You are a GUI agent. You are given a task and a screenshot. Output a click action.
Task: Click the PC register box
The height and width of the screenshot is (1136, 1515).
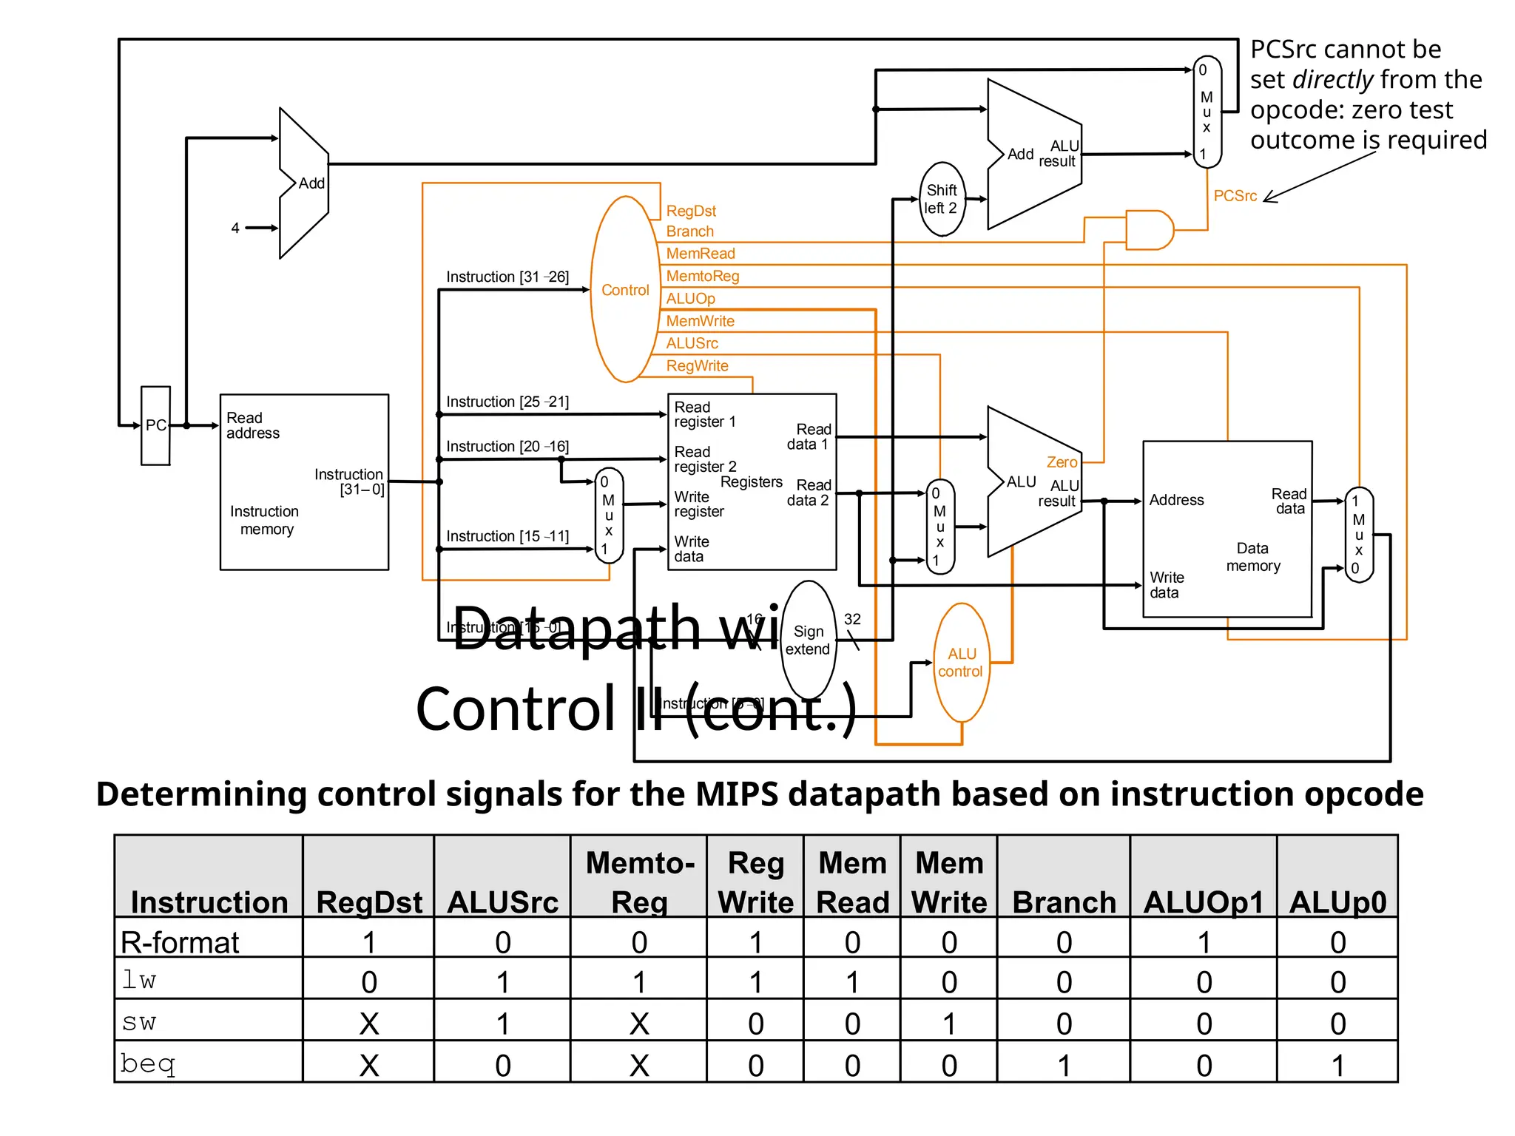pyautogui.click(x=155, y=425)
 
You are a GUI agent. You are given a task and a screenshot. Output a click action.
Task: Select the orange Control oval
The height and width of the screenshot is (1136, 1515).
pyautogui.click(x=625, y=290)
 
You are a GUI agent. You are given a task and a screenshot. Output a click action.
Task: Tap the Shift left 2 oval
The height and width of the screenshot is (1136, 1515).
pyautogui.click(x=942, y=199)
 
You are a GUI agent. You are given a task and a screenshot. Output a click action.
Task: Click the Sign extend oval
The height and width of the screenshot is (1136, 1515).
pyautogui.click(x=808, y=640)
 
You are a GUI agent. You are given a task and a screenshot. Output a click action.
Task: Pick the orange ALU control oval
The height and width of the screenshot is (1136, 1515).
pyautogui.click(x=961, y=663)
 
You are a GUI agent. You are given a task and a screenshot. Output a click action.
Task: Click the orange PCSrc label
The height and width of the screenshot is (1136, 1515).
pyautogui.click(x=1235, y=196)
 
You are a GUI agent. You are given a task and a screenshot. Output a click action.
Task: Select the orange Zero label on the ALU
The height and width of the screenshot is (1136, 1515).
pyautogui.click(x=1062, y=462)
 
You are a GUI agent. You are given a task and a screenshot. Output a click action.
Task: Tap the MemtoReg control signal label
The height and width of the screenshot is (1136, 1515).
pyautogui.click(x=702, y=276)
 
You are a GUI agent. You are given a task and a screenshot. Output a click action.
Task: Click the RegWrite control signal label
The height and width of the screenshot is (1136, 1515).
pyautogui.click(x=697, y=366)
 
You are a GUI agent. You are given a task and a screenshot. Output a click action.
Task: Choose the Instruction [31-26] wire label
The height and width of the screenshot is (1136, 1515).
pyautogui.click(x=507, y=277)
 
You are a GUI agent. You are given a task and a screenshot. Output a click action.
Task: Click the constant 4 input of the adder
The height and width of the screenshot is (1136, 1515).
pyautogui.click(x=235, y=228)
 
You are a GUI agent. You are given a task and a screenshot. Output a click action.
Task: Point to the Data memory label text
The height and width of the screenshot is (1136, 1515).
pyautogui.click(x=1252, y=557)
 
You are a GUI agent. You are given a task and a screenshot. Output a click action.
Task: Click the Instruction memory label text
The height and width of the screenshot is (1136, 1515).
pyautogui.click(x=264, y=520)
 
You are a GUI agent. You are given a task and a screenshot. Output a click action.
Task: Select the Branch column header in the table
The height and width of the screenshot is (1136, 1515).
pyautogui.click(x=1063, y=902)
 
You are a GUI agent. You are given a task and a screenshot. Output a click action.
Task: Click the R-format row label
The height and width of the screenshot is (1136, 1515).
pyautogui.click(x=180, y=942)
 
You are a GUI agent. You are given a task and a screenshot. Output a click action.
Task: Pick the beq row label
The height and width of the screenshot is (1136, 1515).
pyautogui.click(x=148, y=1064)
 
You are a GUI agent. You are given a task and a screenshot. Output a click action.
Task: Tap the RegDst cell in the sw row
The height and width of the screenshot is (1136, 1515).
pyautogui.click(x=368, y=1024)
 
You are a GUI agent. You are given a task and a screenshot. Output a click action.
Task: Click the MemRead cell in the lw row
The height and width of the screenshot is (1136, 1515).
pyautogui.click(x=852, y=982)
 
